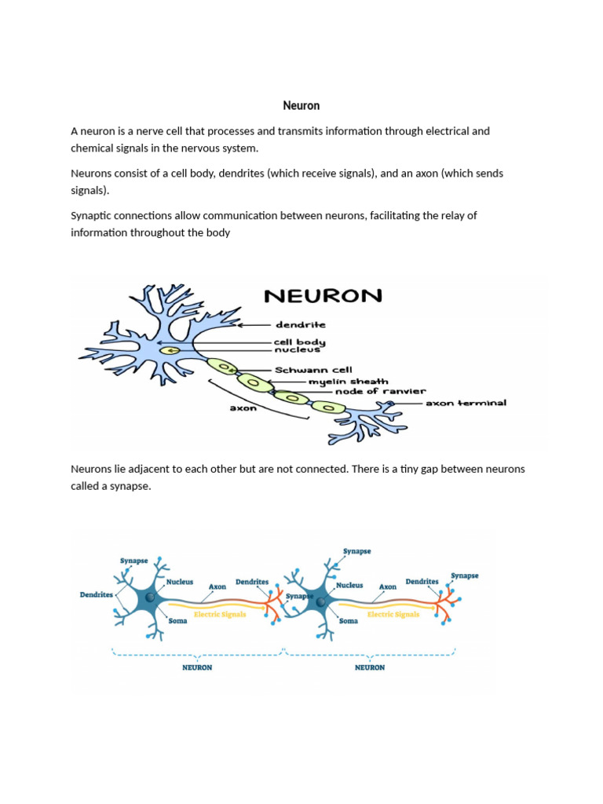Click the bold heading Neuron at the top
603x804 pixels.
click(301, 105)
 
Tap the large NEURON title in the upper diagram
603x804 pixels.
click(323, 296)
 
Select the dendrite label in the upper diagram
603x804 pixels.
click(300, 324)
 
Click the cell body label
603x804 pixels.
click(299, 342)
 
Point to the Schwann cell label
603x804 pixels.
click(313, 370)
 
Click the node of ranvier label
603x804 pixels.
click(380, 391)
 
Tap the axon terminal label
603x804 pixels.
click(466, 403)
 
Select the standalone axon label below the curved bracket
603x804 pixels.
click(244, 408)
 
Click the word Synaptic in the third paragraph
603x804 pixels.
click(92, 215)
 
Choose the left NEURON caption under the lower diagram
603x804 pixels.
click(197, 667)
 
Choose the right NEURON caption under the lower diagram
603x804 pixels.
click(370, 667)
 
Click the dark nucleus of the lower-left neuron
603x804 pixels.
click(149, 601)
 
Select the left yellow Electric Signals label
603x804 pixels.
click(220, 614)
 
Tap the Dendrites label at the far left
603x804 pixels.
click(97, 594)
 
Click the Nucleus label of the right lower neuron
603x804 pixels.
click(349, 585)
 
